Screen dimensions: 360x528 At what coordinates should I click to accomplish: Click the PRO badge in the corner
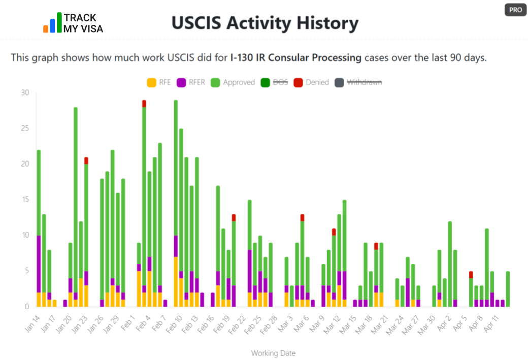coord(515,10)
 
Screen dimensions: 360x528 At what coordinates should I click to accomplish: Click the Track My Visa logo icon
coord(52,23)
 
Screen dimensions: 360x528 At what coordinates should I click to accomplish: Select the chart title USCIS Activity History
coord(265,23)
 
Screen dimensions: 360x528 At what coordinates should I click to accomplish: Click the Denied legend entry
coord(312,82)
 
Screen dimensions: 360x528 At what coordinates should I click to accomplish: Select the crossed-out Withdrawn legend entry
coord(358,82)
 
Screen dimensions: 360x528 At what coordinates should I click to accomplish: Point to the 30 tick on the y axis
coord(25,93)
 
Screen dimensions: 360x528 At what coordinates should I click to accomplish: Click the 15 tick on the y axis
coord(25,200)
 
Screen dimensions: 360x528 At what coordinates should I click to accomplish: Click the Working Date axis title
coord(273,353)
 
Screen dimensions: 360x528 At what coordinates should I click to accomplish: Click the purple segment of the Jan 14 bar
coord(39,264)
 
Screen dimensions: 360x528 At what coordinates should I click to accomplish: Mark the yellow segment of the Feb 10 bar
coord(176,282)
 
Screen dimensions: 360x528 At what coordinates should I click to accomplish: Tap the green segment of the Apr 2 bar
coord(450,264)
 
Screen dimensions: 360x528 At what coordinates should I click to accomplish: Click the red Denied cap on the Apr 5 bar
coord(471,275)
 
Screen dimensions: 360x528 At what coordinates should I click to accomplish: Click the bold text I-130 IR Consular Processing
coord(296,57)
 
